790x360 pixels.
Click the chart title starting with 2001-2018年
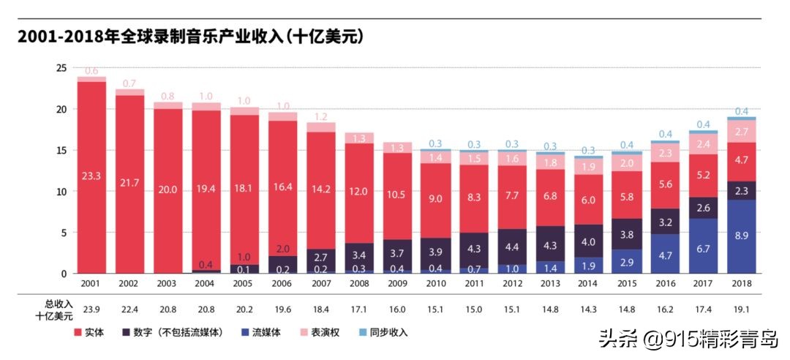pos(191,37)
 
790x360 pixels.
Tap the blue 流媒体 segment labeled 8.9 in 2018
pos(741,236)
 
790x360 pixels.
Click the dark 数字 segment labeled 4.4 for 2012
pos(512,247)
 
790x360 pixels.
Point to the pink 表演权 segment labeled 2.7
pos(741,131)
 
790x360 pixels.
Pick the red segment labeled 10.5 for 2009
pos(397,195)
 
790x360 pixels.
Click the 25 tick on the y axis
pos(61,68)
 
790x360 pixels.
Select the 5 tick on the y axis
pos(64,233)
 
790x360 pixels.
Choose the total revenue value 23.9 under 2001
pos(91,308)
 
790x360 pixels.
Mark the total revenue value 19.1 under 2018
pos(741,308)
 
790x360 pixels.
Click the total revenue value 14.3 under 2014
pos(588,308)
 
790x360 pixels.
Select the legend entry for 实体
pos(89,332)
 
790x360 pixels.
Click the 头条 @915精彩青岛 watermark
pos(688,339)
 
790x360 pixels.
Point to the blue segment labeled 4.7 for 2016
pos(665,254)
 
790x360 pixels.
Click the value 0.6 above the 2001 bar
pos(91,72)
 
